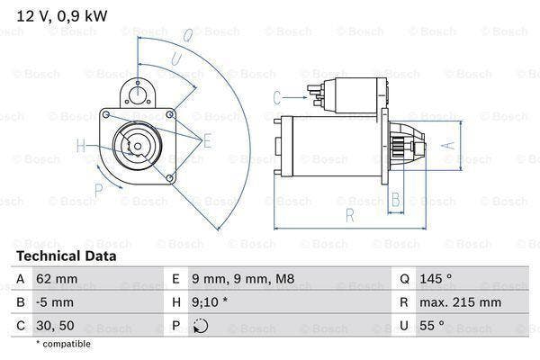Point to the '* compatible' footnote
(63, 344)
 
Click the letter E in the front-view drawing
(207, 139)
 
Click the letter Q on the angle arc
(187, 36)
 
